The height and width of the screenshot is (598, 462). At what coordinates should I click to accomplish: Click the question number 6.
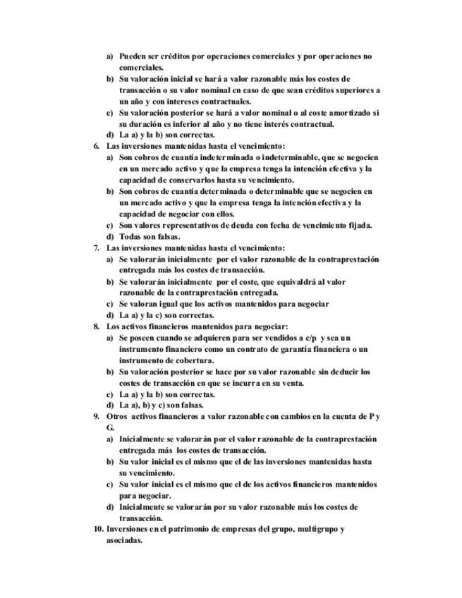pos(97,146)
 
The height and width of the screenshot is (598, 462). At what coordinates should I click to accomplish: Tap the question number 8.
pos(97,327)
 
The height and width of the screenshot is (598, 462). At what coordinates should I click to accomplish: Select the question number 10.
pos(99,529)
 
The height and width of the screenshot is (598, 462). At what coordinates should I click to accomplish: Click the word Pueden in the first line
pos(133,56)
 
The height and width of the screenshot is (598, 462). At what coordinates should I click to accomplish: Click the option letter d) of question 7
pos(109,315)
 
